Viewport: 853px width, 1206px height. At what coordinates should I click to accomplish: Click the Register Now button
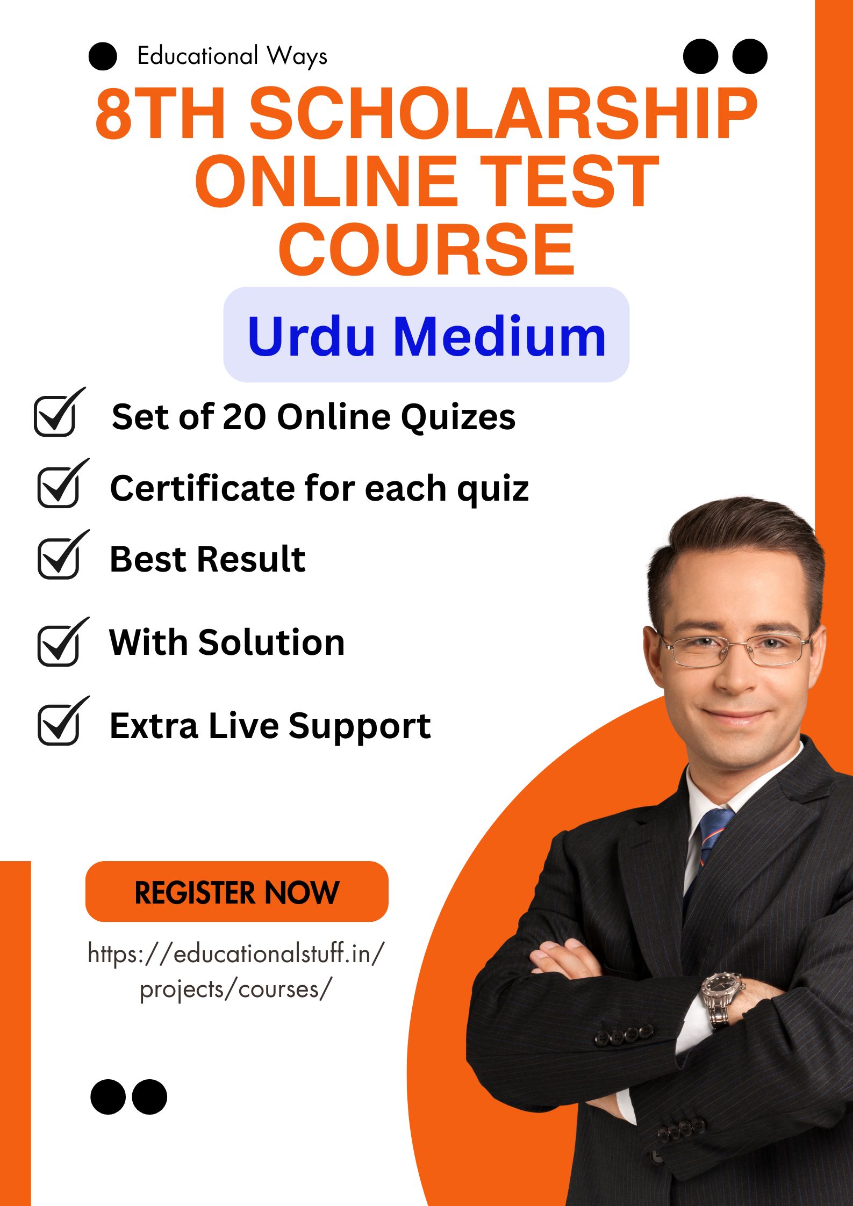(x=236, y=892)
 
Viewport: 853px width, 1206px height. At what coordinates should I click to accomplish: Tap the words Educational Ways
(x=232, y=56)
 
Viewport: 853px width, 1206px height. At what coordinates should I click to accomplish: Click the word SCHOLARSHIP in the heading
(x=504, y=114)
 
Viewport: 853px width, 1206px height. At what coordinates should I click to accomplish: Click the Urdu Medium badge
(x=426, y=335)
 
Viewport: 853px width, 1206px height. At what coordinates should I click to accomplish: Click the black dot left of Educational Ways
(x=103, y=56)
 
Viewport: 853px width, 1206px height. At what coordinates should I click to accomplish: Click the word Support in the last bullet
(x=360, y=727)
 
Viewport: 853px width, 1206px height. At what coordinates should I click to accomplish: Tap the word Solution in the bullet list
(x=271, y=642)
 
